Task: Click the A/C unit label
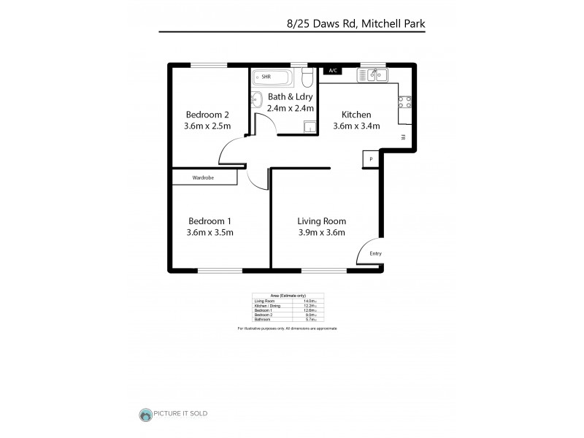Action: (333, 71)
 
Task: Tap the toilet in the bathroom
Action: (308, 77)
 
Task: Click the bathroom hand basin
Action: (256, 99)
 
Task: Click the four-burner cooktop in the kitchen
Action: (404, 101)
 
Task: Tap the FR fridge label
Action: (403, 137)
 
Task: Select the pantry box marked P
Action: (371, 159)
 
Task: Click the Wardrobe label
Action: (203, 177)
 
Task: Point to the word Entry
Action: (375, 253)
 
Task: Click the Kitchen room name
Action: (356, 115)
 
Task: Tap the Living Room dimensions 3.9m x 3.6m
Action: (321, 233)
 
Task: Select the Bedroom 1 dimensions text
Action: (210, 233)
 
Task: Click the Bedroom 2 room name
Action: (207, 115)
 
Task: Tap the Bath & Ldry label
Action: (290, 96)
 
